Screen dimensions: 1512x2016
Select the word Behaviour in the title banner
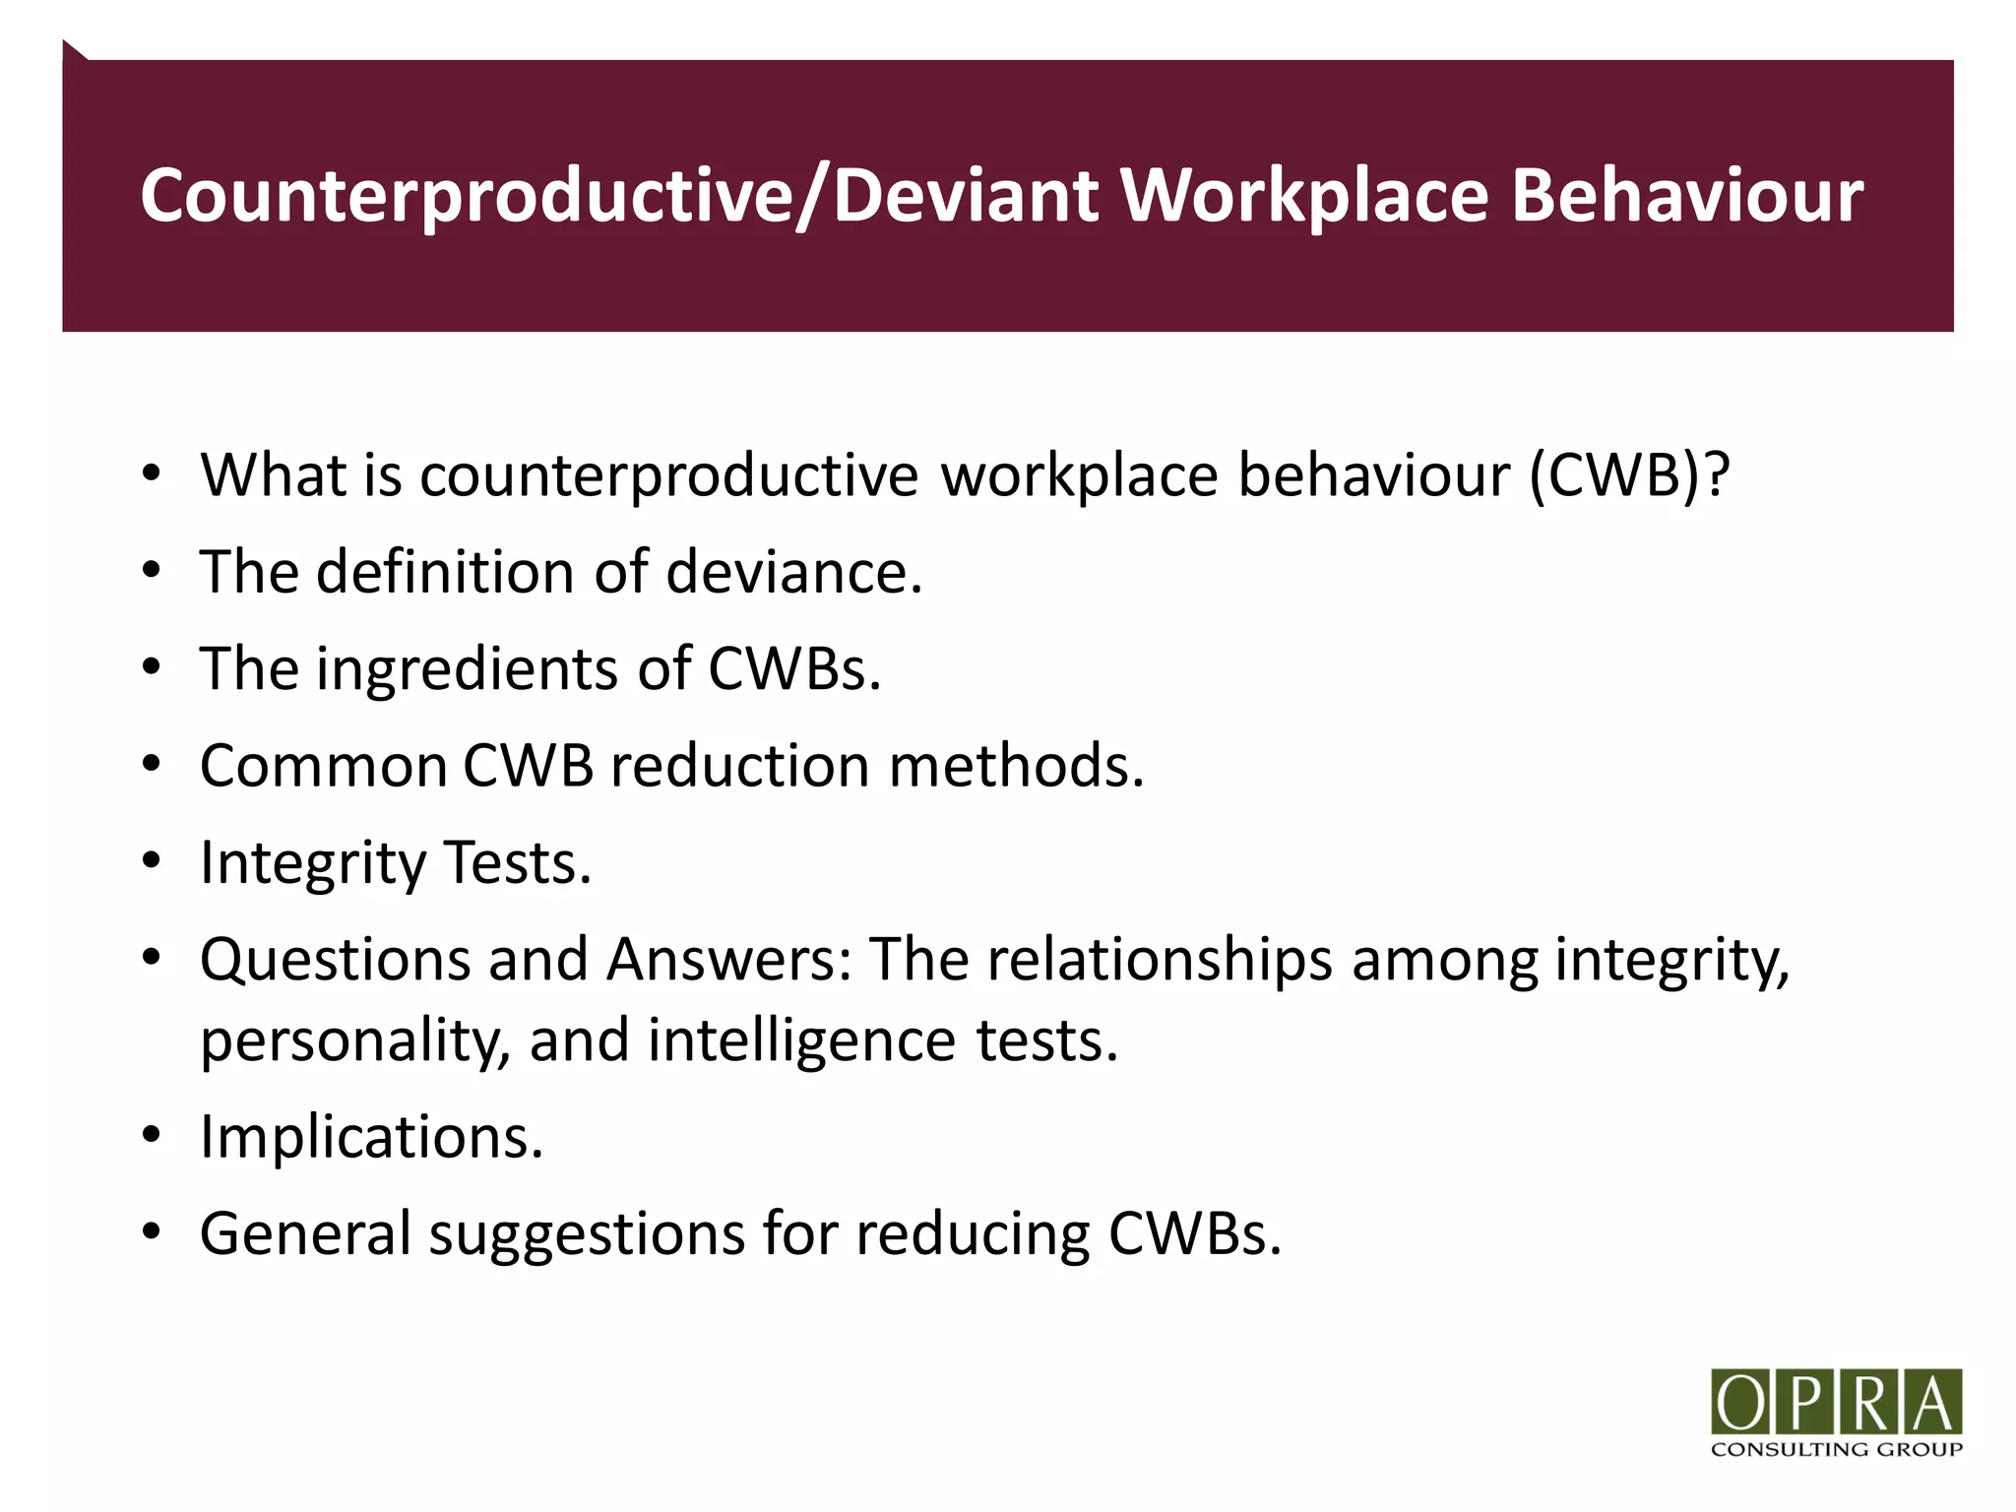click(1686, 196)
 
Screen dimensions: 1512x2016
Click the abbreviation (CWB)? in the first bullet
click(1629, 475)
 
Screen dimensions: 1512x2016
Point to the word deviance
click(793, 572)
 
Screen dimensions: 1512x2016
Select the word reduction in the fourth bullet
click(739, 766)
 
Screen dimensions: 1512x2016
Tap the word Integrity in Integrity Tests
click(313, 863)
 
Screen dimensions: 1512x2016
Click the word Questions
click(335, 960)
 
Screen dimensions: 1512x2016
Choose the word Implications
click(371, 1137)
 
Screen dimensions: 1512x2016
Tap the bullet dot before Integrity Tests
click(151, 861)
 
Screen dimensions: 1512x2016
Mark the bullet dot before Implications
click(151, 1135)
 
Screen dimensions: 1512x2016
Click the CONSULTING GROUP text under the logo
click(1837, 1449)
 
